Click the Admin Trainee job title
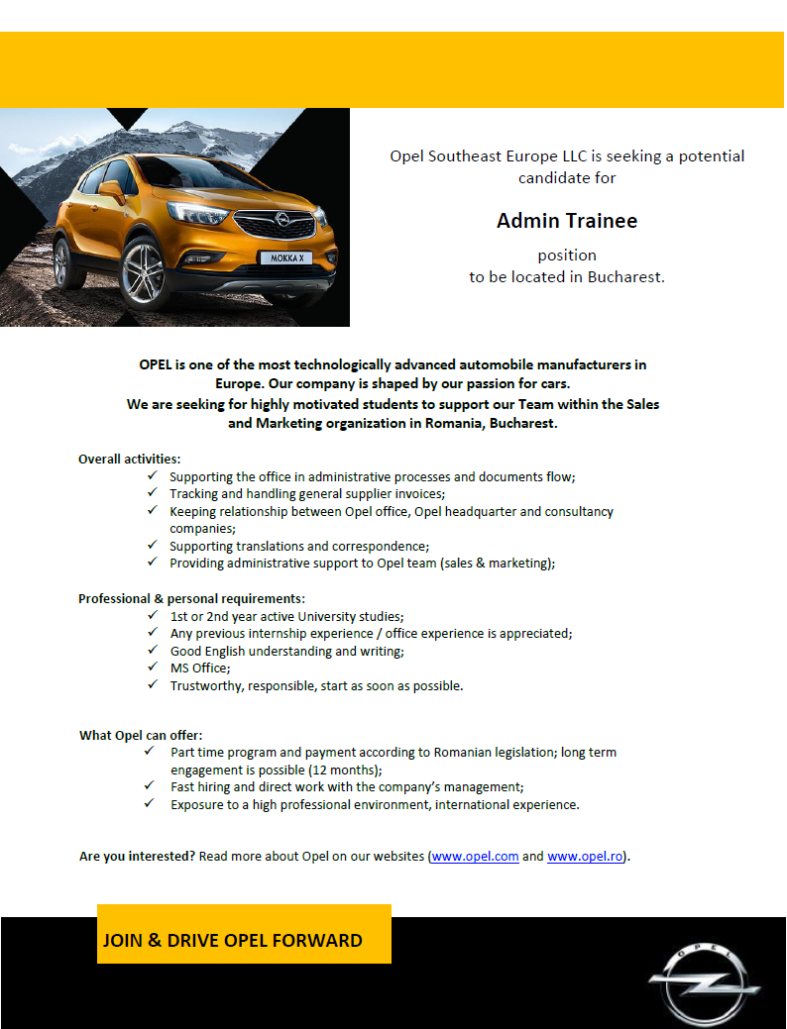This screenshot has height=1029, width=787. coord(567,221)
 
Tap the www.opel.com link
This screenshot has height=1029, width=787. coord(475,857)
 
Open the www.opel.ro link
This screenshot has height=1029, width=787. coord(585,857)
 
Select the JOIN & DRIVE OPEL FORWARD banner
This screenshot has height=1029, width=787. coord(243,934)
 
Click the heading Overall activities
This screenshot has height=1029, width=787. coord(130,459)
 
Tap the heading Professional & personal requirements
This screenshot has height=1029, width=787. coord(191,598)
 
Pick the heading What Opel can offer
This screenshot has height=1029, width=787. coord(141,735)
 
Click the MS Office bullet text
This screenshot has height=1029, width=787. coord(200,668)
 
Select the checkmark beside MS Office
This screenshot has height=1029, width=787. coord(152,667)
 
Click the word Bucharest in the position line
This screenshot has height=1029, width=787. coord(624,277)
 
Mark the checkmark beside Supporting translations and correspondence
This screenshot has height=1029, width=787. coord(152,545)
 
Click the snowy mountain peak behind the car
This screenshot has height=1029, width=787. coord(188,129)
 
